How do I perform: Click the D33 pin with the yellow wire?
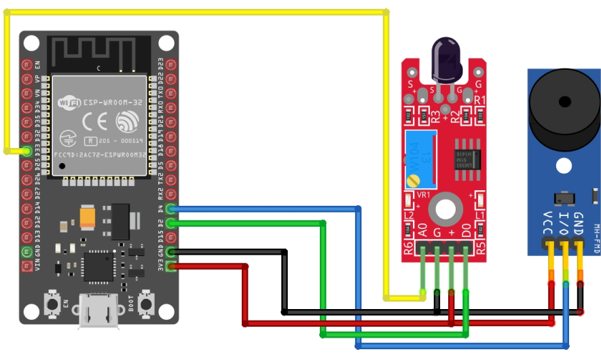[26, 151]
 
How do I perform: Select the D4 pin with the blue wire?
[170, 209]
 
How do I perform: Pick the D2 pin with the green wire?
[170, 223]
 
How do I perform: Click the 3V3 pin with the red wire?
[170, 266]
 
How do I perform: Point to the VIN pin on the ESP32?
[26, 266]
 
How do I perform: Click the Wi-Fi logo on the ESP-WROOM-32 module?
[68, 103]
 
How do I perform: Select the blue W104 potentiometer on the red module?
[420, 160]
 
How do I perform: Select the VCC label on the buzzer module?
[547, 223]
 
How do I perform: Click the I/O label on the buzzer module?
[563, 223]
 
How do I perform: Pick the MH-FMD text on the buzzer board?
[596, 238]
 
